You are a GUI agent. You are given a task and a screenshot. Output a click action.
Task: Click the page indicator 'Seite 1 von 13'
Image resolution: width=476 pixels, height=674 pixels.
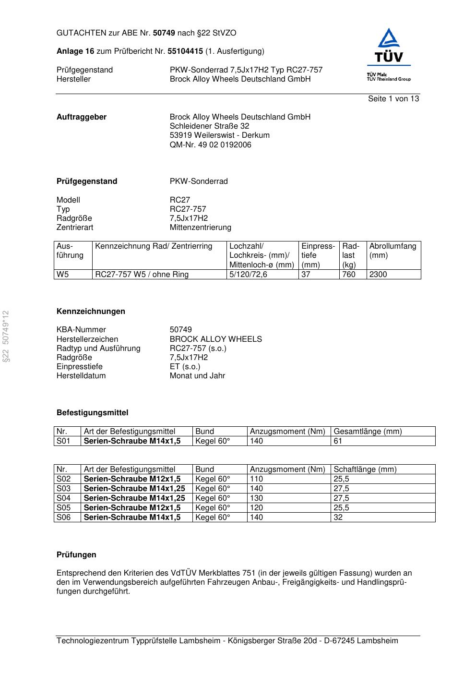coord(393,99)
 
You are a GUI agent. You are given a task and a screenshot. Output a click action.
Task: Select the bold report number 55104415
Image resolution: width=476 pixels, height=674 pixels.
coord(185,51)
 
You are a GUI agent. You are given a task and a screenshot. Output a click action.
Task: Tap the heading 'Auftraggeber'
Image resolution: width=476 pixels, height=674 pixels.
coord(82,117)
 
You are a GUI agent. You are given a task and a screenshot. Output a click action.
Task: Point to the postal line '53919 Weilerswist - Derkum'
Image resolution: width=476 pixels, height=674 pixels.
coord(219,135)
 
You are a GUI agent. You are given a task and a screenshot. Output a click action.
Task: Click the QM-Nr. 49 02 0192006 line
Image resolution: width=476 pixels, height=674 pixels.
coord(210,145)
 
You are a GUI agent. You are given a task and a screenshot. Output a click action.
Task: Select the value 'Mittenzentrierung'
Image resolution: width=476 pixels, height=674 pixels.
coord(200,228)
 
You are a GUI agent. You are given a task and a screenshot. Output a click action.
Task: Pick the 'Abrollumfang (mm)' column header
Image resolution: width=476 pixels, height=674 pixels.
coord(393,251)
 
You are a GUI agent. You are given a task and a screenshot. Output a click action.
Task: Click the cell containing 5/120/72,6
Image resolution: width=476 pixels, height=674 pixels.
coord(248,275)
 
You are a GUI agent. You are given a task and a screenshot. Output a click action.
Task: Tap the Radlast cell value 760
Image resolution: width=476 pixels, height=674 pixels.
coord(349,275)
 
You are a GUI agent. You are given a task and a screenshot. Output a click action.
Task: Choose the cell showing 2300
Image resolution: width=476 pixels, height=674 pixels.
coord(378,275)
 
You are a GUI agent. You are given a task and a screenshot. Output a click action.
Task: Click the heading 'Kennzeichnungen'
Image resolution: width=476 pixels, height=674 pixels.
coord(91,312)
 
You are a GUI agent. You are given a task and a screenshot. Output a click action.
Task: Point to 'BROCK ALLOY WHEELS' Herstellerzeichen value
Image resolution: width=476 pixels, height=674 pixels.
coord(215,339)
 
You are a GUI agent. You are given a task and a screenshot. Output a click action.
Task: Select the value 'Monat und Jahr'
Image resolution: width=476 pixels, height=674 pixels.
coord(197,376)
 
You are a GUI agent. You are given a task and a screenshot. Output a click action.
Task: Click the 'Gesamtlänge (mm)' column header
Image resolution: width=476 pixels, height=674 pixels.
coord(368,432)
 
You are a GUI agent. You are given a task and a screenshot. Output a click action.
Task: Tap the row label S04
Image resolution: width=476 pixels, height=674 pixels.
coord(63,498)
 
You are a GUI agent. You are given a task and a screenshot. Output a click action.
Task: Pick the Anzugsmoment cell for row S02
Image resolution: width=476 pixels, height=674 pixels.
coord(256,479)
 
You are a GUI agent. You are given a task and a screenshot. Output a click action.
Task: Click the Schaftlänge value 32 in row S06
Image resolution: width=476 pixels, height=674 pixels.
coord(338,518)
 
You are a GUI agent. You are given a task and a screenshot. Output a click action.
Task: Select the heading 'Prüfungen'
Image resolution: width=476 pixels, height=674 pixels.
coord(76,555)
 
